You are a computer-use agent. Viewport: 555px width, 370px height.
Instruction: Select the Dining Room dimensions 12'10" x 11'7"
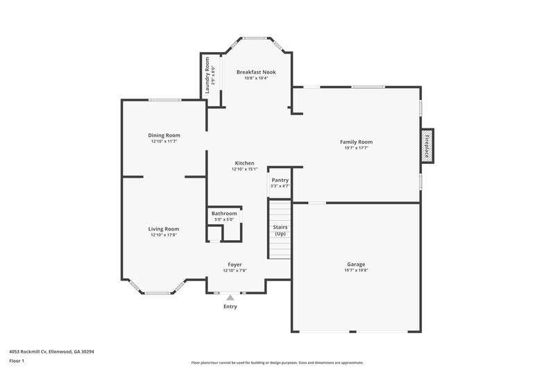coord(164,142)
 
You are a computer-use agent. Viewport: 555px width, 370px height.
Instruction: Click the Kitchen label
coord(244,162)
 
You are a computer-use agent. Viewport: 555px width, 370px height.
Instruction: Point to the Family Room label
coord(356,142)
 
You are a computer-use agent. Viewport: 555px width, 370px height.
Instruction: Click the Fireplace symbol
coord(428,146)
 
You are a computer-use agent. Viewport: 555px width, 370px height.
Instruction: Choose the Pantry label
coord(280,180)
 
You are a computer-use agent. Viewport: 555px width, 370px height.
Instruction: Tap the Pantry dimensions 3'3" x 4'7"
coord(280,185)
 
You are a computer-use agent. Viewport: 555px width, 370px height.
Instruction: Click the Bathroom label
coord(224,213)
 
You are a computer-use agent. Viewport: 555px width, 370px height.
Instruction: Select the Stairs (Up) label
coord(280,230)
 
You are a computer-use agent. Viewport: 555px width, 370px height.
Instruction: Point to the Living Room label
coord(164,228)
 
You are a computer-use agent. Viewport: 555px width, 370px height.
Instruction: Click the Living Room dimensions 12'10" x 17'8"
coord(164,235)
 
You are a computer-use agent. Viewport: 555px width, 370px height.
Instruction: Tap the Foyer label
coord(234,264)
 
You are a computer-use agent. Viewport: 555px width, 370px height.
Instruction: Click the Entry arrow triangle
coord(230,296)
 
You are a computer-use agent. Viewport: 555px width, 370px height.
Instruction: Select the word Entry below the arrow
coord(230,306)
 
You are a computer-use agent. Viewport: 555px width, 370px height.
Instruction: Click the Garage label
coord(356,264)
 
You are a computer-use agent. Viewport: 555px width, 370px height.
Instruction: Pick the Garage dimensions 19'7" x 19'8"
coord(356,270)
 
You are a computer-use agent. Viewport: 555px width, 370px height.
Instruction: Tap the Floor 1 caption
coord(17,362)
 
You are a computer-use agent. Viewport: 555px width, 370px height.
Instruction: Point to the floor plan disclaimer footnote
coord(277,362)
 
